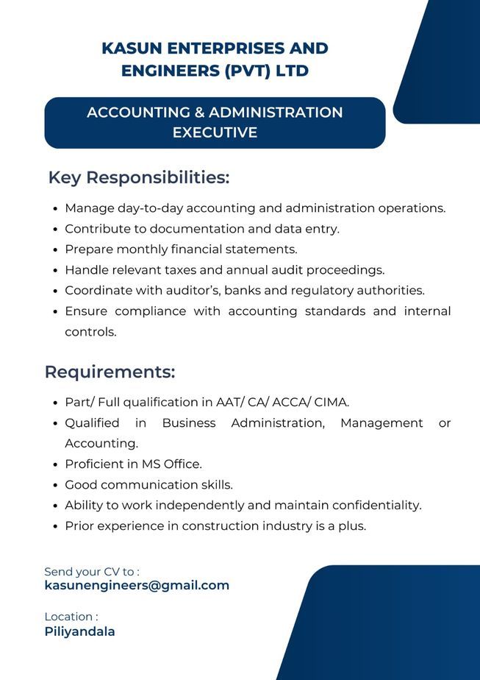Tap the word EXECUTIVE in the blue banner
tap(215, 132)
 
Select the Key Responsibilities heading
tap(139, 178)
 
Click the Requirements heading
tap(110, 372)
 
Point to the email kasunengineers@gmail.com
tap(137, 585)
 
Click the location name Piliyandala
tap(79, 631)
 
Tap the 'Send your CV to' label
tap(92, 571)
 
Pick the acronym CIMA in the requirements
tap(331, 403)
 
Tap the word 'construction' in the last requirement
tap(218, 526)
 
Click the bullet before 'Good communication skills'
tap(57, 486)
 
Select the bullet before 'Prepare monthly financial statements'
tap(57, 250)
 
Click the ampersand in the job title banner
tap(198, 113)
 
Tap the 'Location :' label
tap(71, 617)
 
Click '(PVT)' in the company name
tap(255, 71)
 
